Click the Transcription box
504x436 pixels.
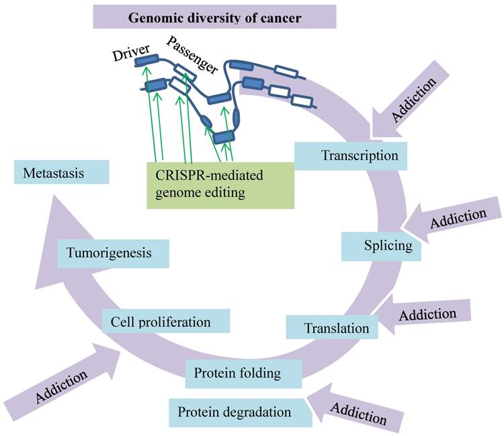(x=350, y=155)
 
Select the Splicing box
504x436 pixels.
(x=381, y=246)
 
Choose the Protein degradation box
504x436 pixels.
(x=235, y=411)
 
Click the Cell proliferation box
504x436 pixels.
(x=166, y=322)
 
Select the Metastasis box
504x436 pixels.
(x=61, y=174)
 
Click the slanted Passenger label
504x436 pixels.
(x=193, y=53)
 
